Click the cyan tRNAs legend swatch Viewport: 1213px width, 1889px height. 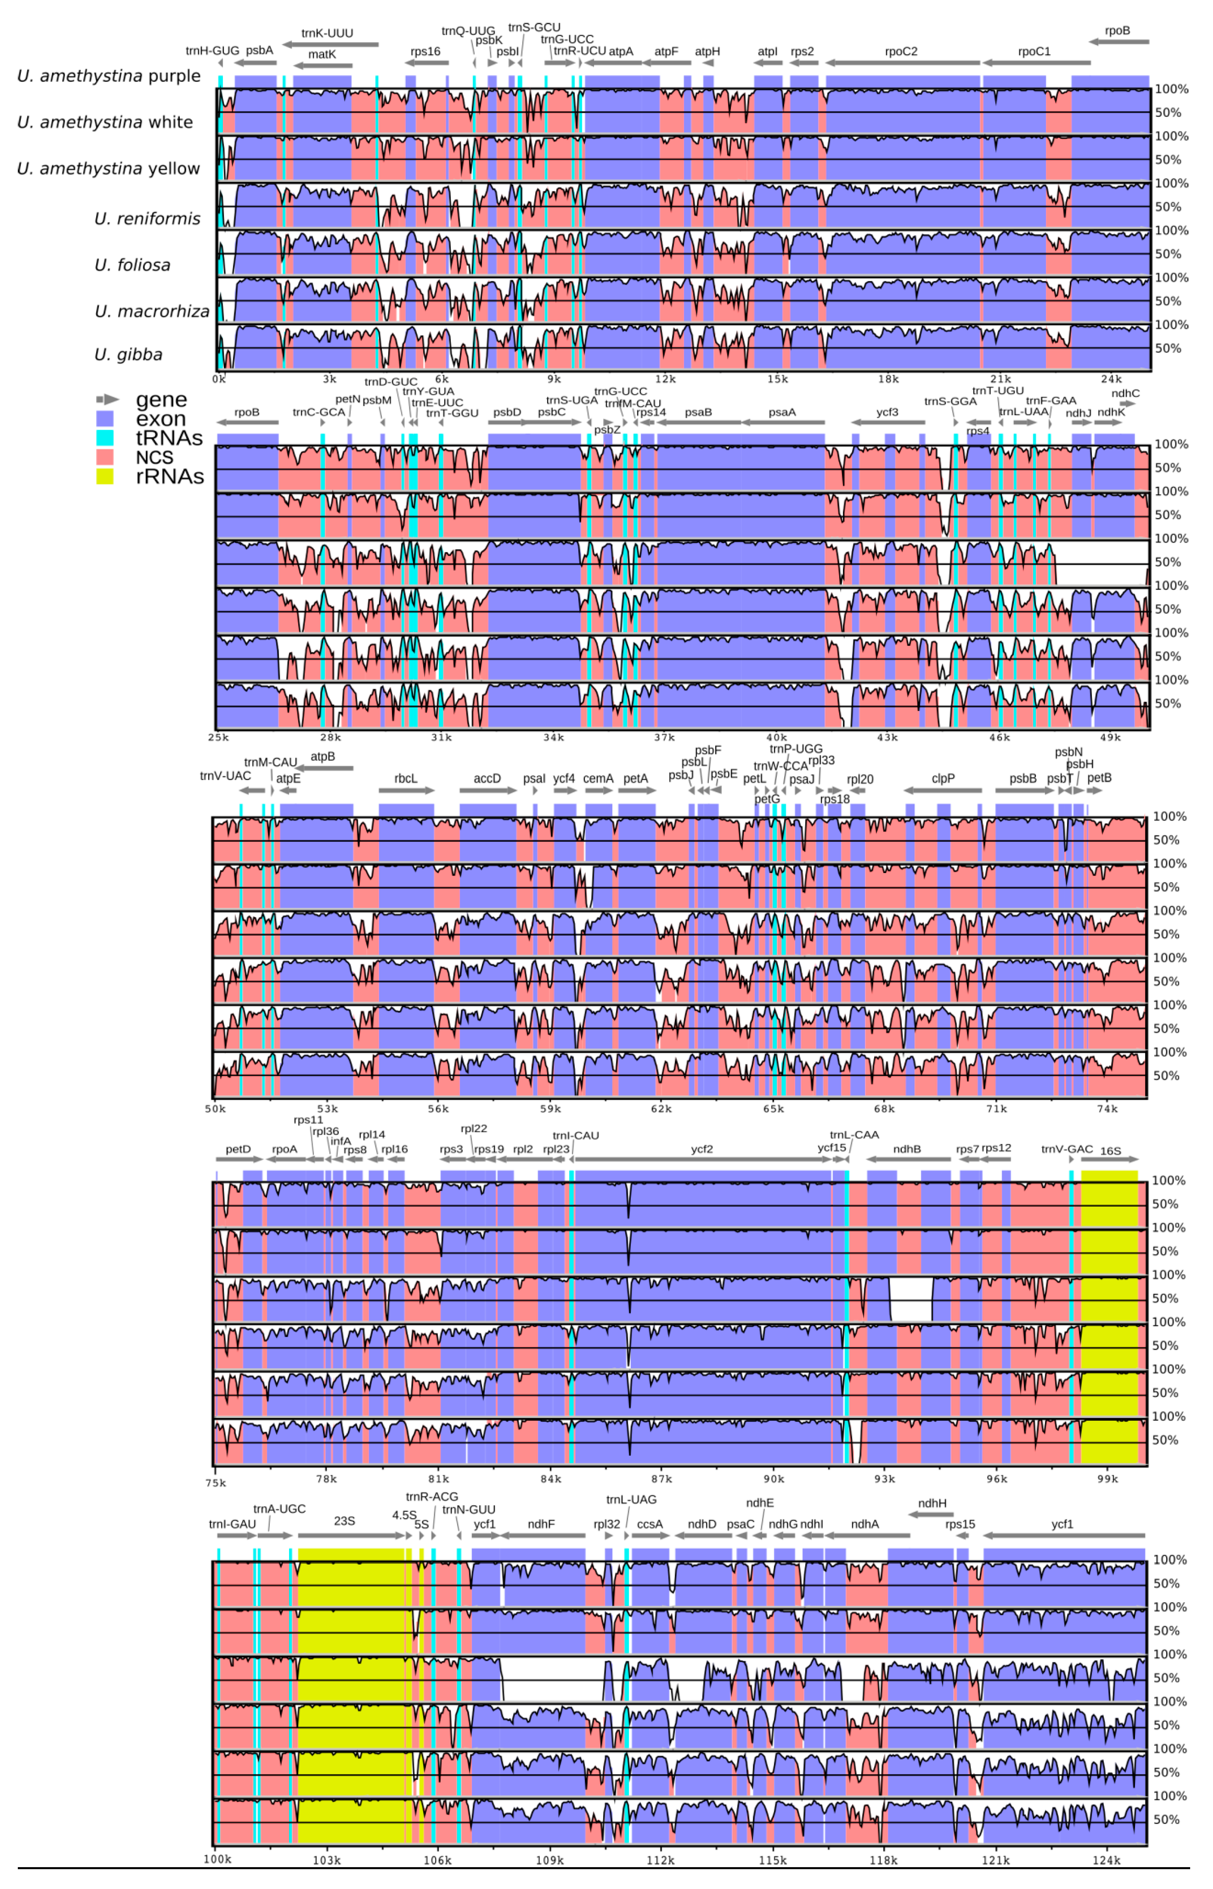click(105, 438)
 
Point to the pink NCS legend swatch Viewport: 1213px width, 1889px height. click(105, 457)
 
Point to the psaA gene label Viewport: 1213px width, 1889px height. click(782, 412)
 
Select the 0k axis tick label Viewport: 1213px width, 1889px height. click(219, 379)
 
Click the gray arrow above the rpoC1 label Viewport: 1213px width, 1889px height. click(1036, 63)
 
